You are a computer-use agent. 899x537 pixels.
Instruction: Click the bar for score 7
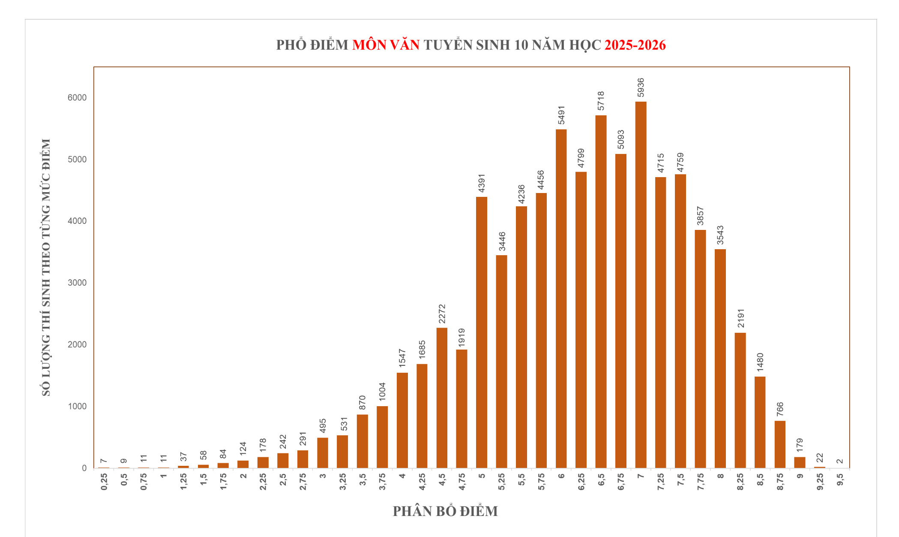click(641, 285)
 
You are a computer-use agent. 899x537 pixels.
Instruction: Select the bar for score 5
click(482, 332)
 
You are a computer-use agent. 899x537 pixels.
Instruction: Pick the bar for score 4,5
click(442, 398)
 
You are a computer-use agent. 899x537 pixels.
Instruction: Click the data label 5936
click(641, 88)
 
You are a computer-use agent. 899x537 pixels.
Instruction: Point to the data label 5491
click(561, 115)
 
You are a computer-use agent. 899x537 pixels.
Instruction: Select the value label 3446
click(502, 241)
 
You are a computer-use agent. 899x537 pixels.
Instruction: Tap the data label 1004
click(382, 392)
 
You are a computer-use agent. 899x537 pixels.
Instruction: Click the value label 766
click(780, 409)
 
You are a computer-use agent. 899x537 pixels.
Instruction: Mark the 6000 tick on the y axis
click(77, 98)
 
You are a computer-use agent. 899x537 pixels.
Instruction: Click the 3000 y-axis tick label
click(77, 283)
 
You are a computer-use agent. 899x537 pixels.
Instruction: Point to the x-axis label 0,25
click(104, 482)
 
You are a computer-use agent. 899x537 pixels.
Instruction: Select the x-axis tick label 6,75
click(621, 482)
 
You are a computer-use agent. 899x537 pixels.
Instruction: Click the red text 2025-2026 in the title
click(635, 45)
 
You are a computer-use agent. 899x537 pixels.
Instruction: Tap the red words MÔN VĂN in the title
click(386, 45)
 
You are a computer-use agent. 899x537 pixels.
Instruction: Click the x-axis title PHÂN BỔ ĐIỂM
click(445, 511)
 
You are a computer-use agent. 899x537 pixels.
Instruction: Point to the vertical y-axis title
click(46, 267)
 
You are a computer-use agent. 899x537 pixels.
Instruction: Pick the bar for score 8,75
click(780, 444)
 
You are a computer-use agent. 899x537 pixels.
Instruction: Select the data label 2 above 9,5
click(840, 462)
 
